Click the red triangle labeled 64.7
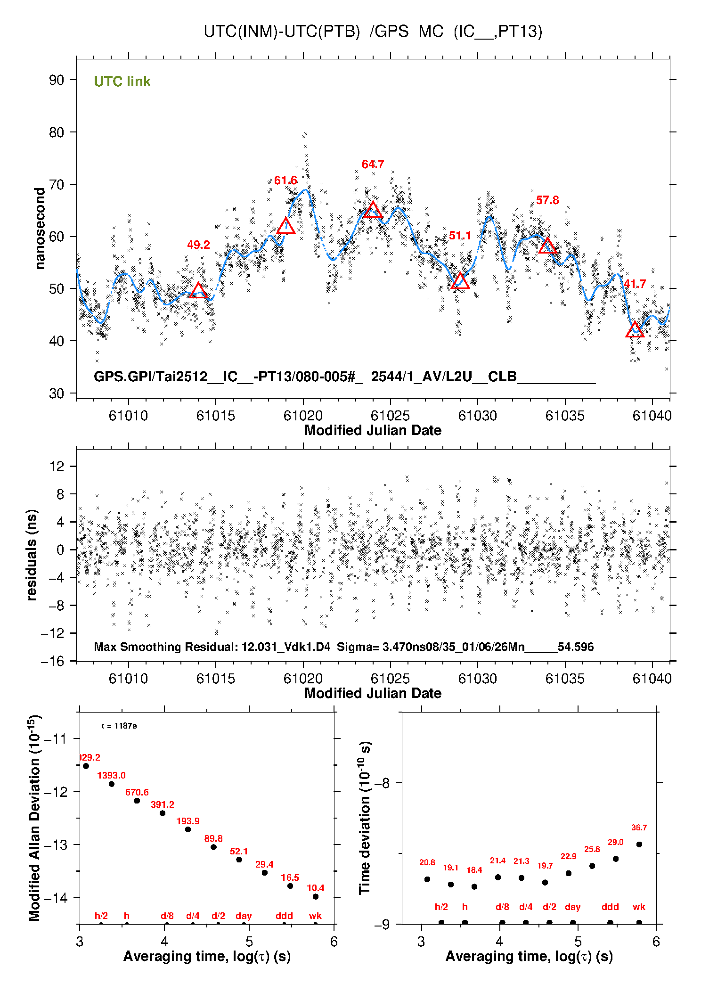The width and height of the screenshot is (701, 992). pos(373,210)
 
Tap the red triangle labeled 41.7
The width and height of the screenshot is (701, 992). pos(635,330)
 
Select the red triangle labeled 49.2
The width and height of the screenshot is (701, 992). pos(198,291)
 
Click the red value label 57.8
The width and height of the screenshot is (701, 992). pos(547,200)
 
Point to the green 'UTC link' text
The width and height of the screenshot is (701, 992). pos(122,82)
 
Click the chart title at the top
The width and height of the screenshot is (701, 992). pos(373,32)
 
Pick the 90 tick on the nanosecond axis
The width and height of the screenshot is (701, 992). pos(57,80)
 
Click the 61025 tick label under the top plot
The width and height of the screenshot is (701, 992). pos(390,416)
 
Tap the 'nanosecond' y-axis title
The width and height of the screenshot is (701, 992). pos(40,229)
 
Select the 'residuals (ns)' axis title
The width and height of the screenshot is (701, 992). pos(32,555)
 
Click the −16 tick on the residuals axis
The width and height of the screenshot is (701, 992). pos(53,661)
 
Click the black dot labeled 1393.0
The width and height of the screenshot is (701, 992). pos(112,784)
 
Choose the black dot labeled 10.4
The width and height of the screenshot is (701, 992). pos(316,896)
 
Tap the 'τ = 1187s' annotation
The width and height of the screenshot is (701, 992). pos(119,726)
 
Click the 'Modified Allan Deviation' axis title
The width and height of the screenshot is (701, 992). pos(34,818)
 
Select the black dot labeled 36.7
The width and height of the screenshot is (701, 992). pos(639,844)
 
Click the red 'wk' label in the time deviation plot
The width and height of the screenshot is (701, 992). pos(639,907)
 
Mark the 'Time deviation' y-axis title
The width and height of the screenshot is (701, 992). pos(365,818)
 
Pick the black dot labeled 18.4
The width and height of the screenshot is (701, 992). pos(474,886)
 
